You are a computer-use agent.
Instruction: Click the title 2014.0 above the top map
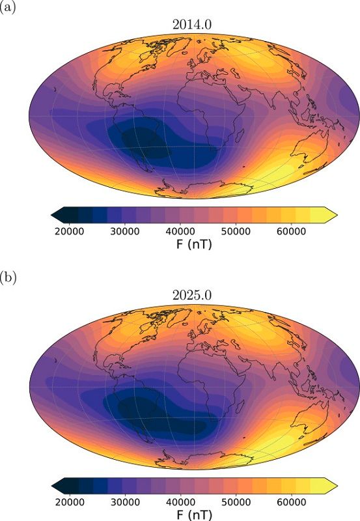[x=193, y=25]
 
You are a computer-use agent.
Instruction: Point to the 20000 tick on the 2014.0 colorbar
[x=68, y=231]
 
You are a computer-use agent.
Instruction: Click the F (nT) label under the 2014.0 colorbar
[x=193, y=245]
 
